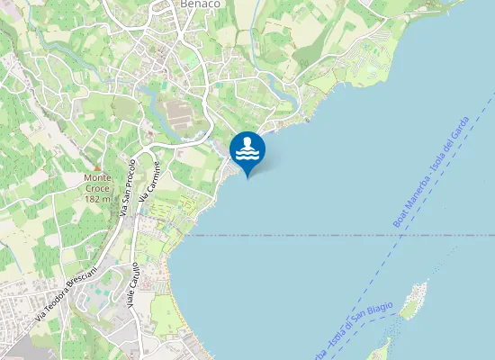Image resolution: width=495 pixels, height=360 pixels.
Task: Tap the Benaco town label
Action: click(201, 4)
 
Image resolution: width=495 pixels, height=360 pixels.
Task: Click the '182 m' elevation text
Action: click(96, 198)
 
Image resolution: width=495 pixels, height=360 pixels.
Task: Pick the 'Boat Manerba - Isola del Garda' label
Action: click(431, 172)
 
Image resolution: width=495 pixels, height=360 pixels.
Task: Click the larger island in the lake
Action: click(414, 300)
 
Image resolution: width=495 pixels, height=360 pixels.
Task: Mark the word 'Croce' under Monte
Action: click(96, 188)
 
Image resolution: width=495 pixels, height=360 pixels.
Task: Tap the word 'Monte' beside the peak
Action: click(96, 178)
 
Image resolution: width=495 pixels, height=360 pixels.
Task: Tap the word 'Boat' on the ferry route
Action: click(399, 217)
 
